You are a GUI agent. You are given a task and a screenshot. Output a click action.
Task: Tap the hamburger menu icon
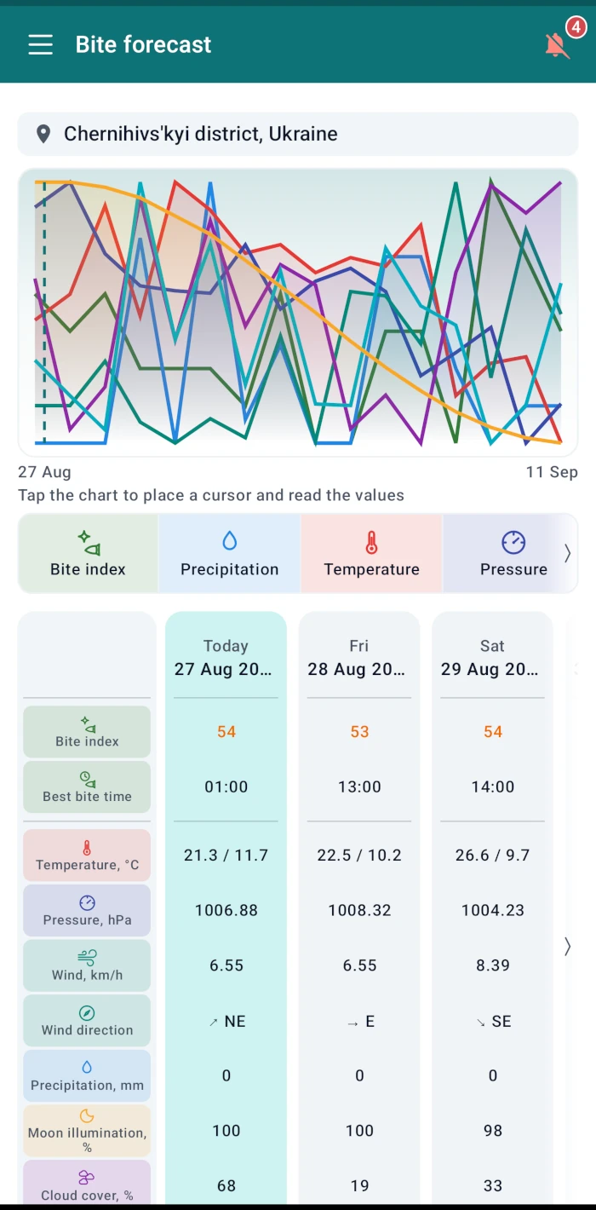(41, 44)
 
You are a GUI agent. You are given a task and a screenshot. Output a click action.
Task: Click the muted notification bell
(557, 45)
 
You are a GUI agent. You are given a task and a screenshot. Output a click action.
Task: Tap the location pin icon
(43, 134)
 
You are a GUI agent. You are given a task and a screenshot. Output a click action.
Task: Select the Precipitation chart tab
(229, 553)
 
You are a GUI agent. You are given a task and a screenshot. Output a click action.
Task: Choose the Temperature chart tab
(371, 553)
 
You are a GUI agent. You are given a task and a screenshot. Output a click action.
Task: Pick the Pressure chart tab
(513, 553)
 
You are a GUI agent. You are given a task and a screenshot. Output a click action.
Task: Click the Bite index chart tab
(88, 553)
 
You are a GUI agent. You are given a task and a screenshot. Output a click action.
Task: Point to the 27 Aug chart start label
(44, 472)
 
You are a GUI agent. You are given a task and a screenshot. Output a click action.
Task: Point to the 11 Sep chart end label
(552, 472)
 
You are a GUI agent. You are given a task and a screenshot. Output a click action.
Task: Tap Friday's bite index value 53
(359, 732)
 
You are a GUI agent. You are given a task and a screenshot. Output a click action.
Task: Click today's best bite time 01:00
(226, 787)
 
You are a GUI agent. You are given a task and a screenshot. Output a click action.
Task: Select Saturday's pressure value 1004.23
(493, 911)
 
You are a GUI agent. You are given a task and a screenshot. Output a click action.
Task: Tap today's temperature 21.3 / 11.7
(226, 856)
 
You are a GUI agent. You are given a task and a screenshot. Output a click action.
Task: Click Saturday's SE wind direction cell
(493, 1022)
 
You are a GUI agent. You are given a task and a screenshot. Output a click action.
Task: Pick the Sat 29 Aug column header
(492, 658)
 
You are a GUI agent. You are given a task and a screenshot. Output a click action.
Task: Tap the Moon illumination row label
(87, 1131)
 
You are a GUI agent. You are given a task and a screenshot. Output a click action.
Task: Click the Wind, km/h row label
(87, 965)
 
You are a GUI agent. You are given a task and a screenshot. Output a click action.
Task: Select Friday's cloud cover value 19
(359, 1186)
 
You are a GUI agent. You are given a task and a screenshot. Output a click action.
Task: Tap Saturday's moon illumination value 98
(493, 1131)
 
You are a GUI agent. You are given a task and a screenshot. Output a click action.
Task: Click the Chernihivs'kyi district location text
(201, 134)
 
